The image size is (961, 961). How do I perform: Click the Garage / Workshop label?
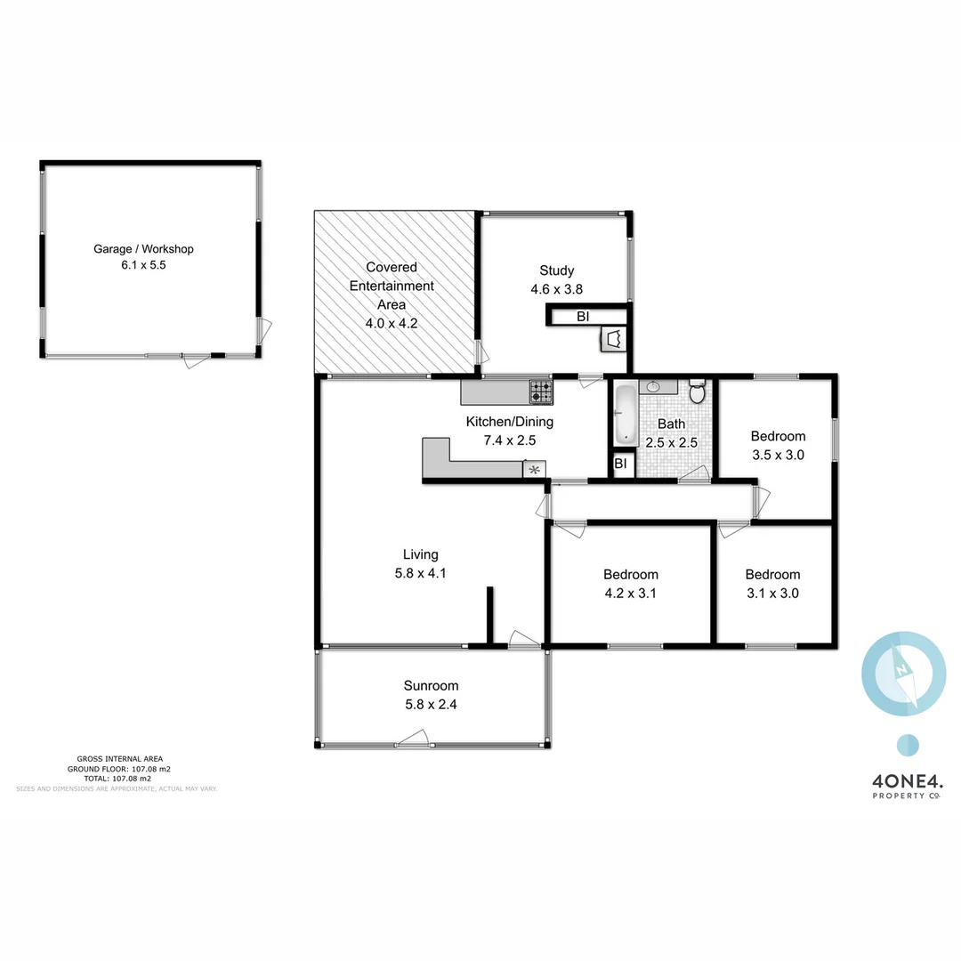tap(143, 249)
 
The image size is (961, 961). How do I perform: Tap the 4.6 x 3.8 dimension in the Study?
tap(556, 288)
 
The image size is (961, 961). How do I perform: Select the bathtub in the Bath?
tap(624, 413)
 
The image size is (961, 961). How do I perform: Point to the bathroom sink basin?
tap(654, 386)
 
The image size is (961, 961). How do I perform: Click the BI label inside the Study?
tap(583, 316)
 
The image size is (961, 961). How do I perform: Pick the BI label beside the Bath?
tap(621, 464)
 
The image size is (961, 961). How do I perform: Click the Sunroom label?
tap(431, 685)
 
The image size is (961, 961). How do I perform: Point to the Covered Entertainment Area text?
tap(392, 286)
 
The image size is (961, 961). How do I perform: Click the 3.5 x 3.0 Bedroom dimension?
tap(778, 454)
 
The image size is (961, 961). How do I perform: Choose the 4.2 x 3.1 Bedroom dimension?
tap(630, 593)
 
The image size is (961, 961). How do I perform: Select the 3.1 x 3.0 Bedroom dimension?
tap(772, 593)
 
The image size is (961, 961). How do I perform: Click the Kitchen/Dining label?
tap(510, 422)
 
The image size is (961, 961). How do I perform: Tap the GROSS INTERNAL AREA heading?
tap(120, 759)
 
